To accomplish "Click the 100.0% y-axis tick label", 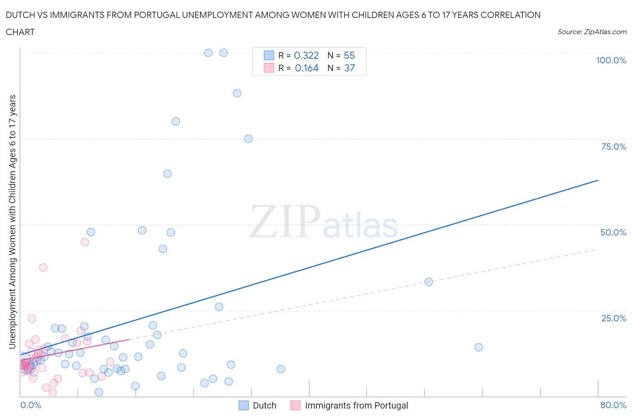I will coord(611,60).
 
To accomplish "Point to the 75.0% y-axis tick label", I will coord(614,147).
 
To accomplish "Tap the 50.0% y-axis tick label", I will coord(613,232).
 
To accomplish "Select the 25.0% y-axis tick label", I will coord(614,318).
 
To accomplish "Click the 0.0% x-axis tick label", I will coord(31,405).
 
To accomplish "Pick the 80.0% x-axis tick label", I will coord(613,405).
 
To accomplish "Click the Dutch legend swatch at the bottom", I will coord(243,405).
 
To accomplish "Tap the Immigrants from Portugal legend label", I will coord(356,405).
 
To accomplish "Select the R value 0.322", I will coord(306,55).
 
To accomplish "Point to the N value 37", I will coord(349,68).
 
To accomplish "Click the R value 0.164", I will coord(307,68).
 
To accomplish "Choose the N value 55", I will coord(349,55).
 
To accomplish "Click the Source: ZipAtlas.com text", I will coord(592,31).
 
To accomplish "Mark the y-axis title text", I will coord(12,222).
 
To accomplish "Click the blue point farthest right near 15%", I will coord(479,347).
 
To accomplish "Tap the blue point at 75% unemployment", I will coord(248,139).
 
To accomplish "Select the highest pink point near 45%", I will coord(85,242).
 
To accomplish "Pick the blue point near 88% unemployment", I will coord(237,93).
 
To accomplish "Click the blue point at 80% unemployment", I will coord(176,121).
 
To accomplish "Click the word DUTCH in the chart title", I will coord(20,15).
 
